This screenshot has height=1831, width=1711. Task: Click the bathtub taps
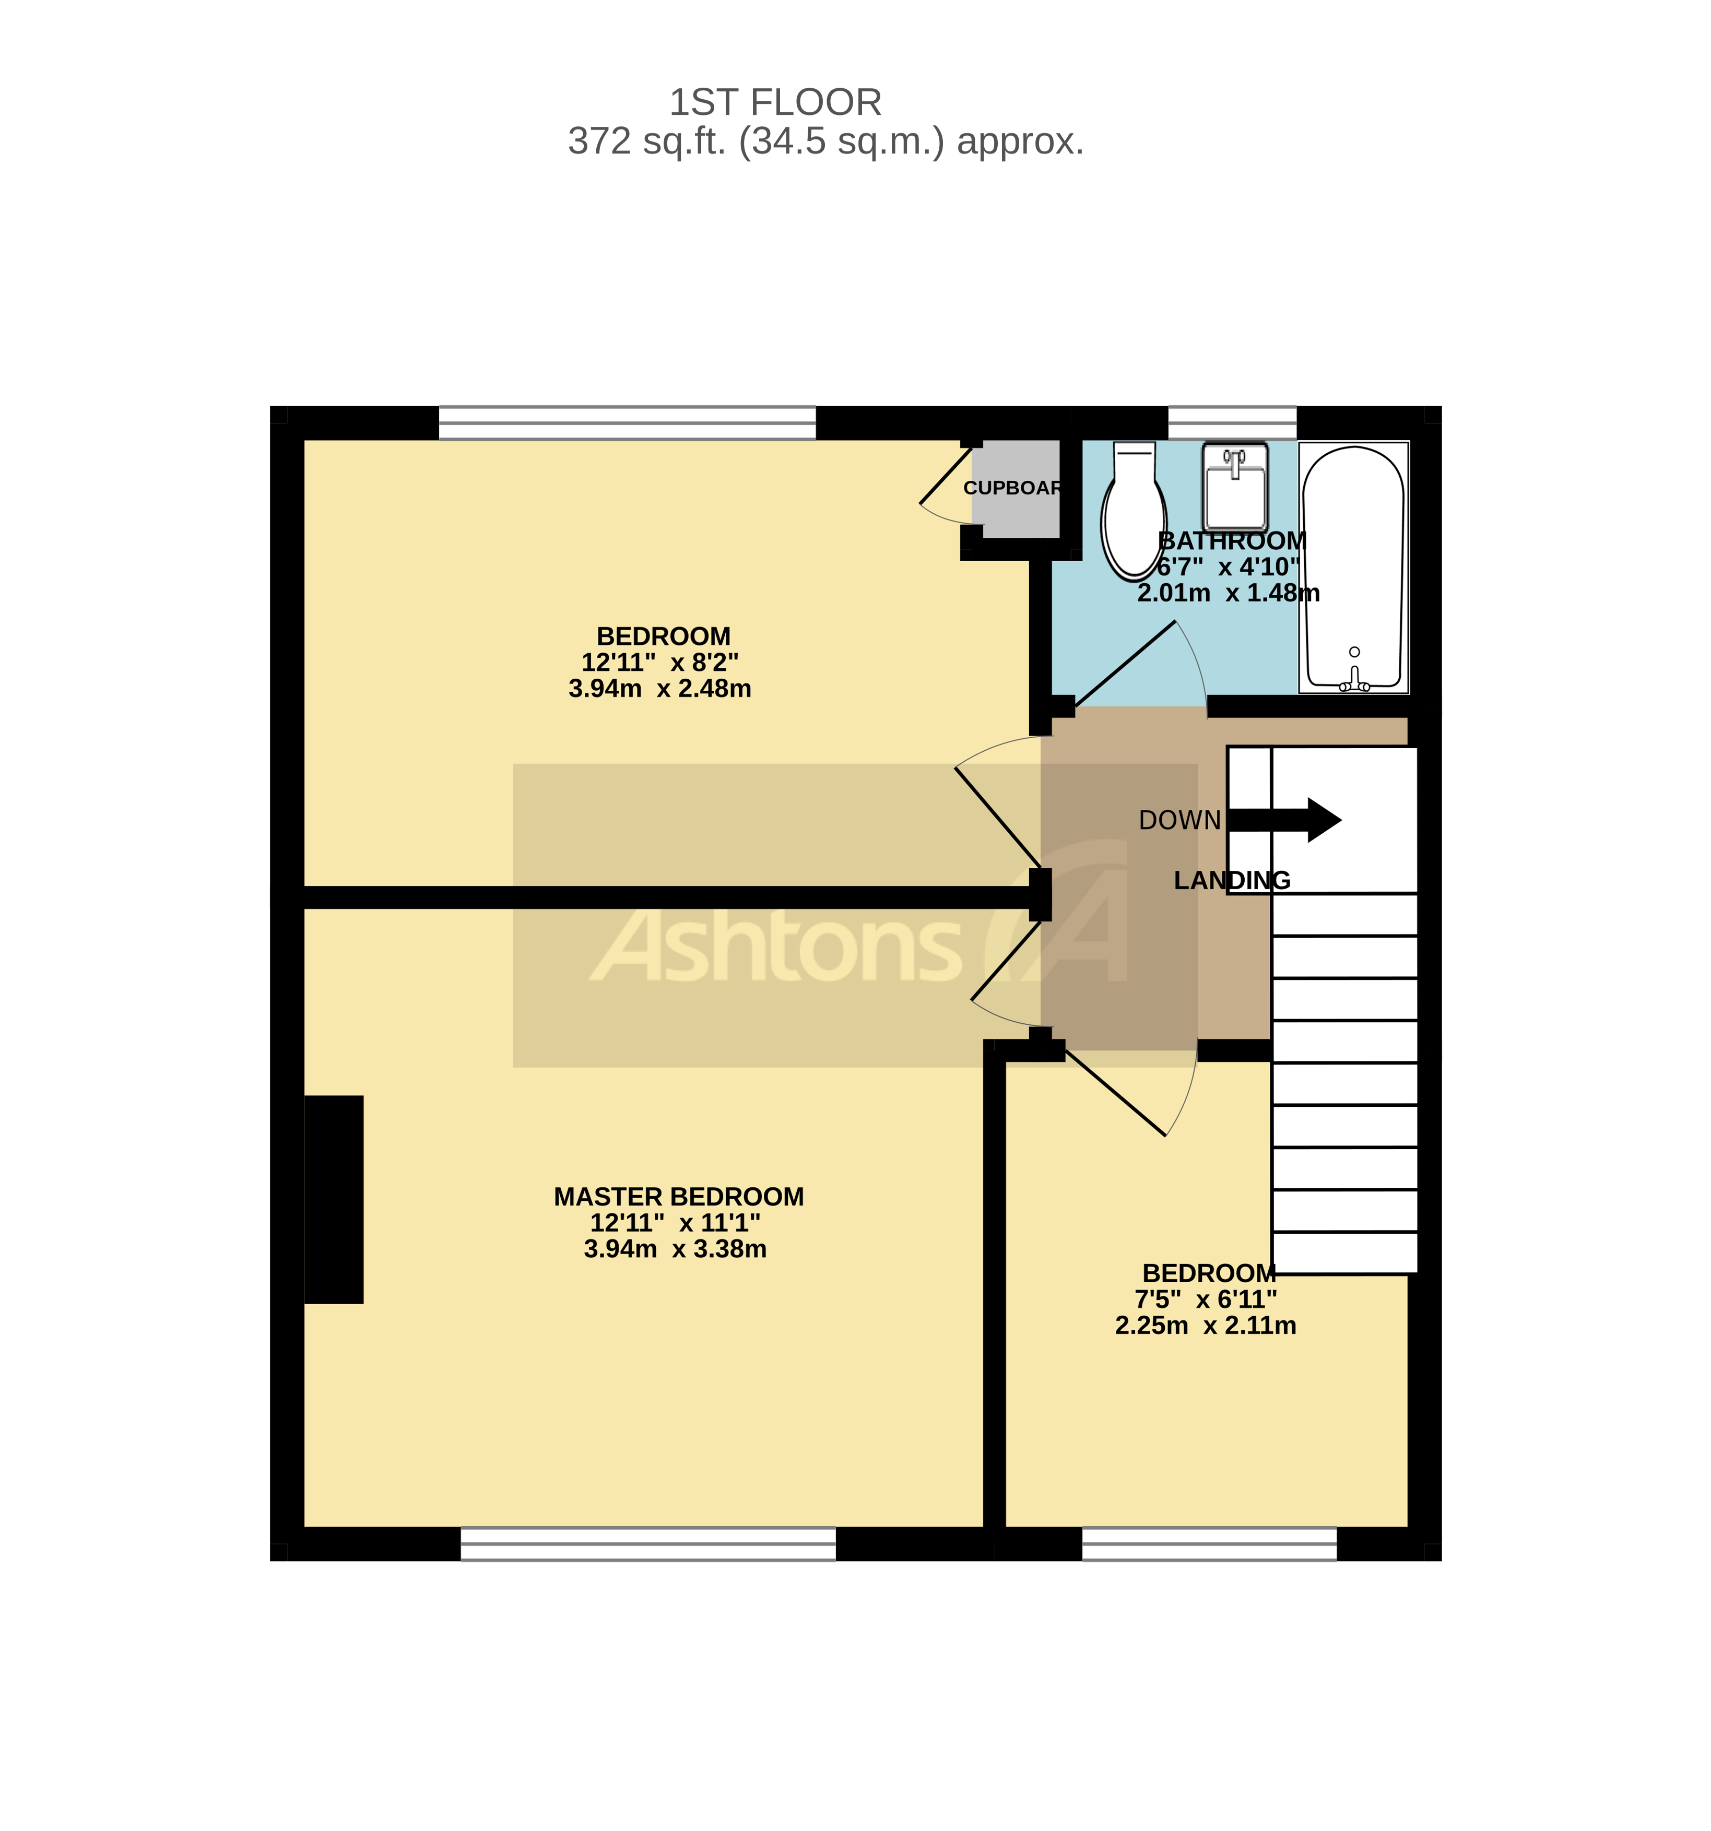point(1354,683)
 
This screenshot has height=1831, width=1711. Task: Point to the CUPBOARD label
point(1012,488)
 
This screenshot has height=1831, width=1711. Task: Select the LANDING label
point(1231,880)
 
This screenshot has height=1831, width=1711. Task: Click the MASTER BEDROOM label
point(679,1197)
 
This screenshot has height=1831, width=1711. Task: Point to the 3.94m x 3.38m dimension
point(675,1249)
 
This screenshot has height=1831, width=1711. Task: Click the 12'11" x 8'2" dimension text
point(659,662)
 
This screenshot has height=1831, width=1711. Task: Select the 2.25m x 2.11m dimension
point(1206,1326)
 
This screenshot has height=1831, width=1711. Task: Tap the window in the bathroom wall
point(1232,423)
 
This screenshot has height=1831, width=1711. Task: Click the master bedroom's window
point(647,1544)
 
